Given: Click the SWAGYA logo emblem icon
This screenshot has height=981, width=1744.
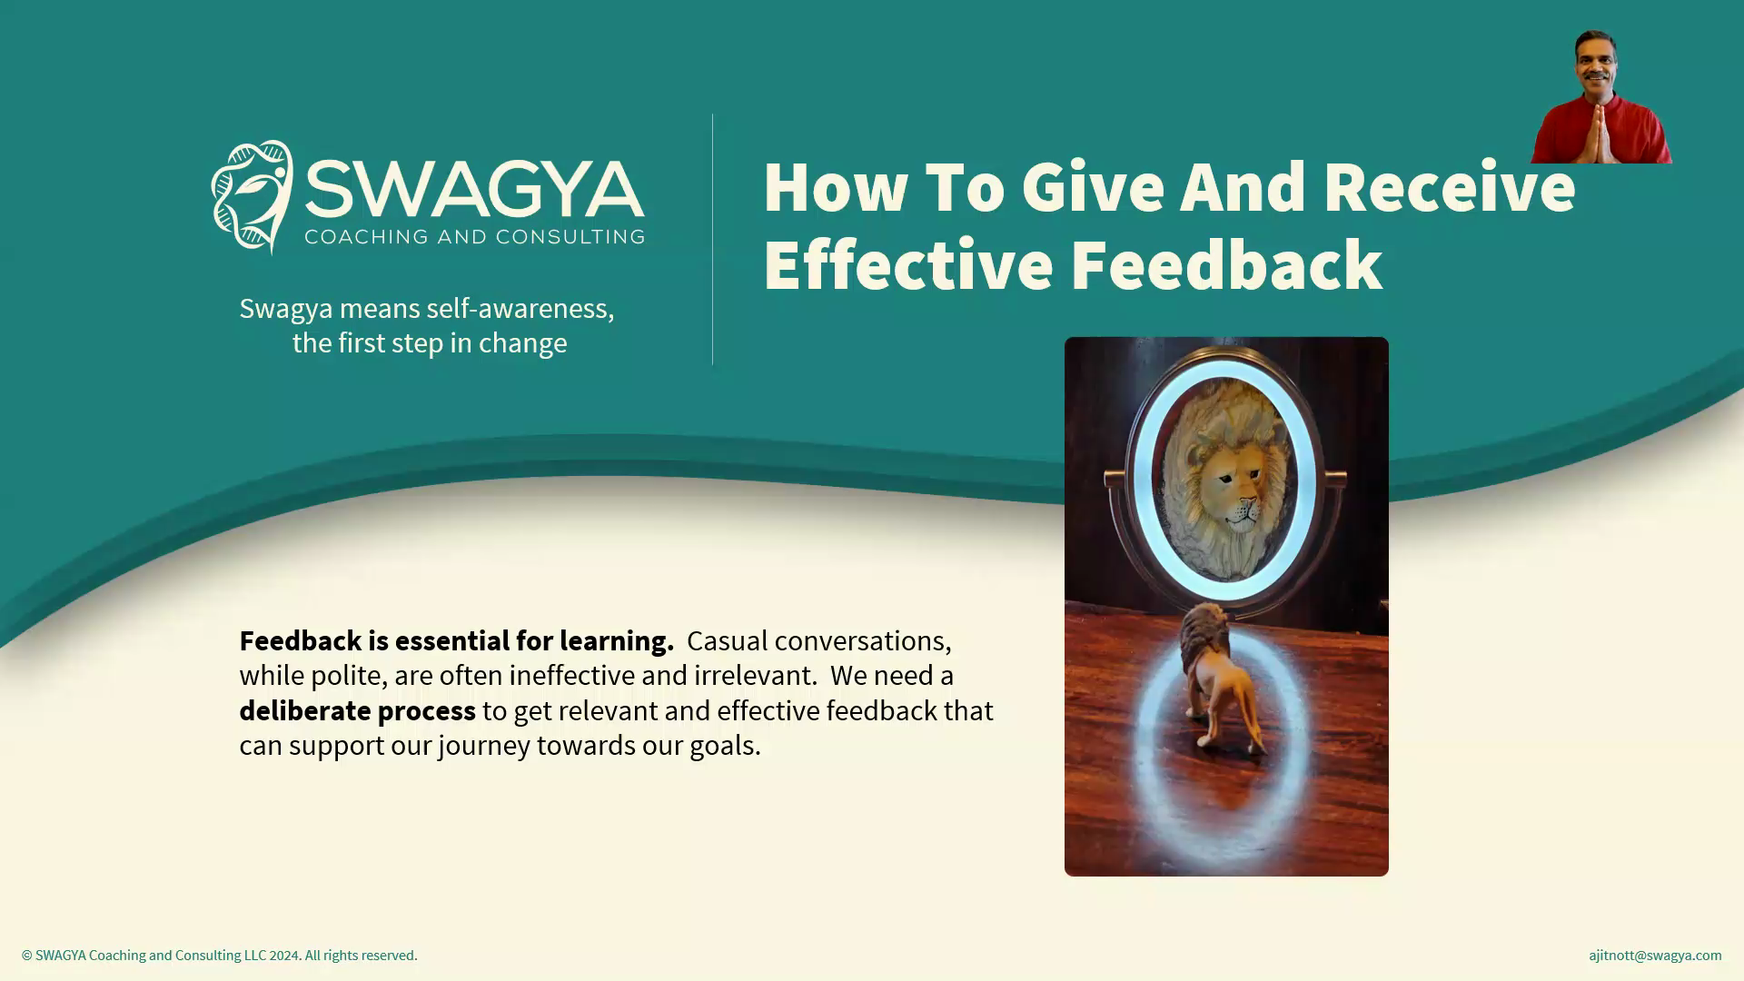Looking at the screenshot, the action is tap(252, 196).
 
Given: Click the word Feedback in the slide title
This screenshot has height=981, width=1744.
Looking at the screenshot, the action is tap(1226, 264).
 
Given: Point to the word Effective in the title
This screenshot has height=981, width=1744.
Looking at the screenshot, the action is tap(907, 264).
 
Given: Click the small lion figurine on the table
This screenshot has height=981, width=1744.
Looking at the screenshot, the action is tap(1218, 677).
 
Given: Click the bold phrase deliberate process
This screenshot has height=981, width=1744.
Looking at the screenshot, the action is tap(357, 710).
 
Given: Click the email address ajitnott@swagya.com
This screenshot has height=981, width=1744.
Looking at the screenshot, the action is tap(1655, 956).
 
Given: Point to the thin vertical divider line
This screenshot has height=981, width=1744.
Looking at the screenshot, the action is tap(712, 240).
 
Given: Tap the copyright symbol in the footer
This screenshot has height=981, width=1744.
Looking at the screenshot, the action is tap(27, 956).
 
